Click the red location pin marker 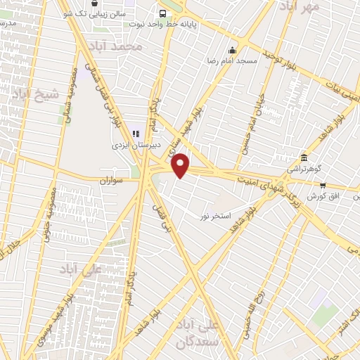[x=181, y=165]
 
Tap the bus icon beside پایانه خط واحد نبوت [x=163, y=13]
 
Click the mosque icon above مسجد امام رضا [x=233, y=50]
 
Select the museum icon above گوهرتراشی [x=304, y=157]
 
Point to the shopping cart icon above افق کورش [x=323, y=186]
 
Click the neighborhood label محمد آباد [x=121, y=46]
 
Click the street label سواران [x=110, y=181]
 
